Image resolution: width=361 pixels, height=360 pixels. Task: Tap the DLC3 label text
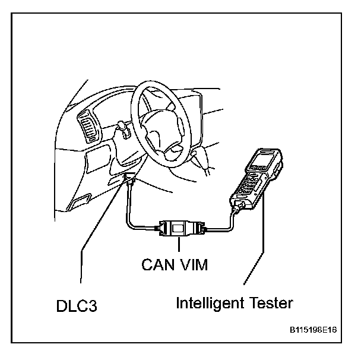pyautogui.click(x=72, y=307)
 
